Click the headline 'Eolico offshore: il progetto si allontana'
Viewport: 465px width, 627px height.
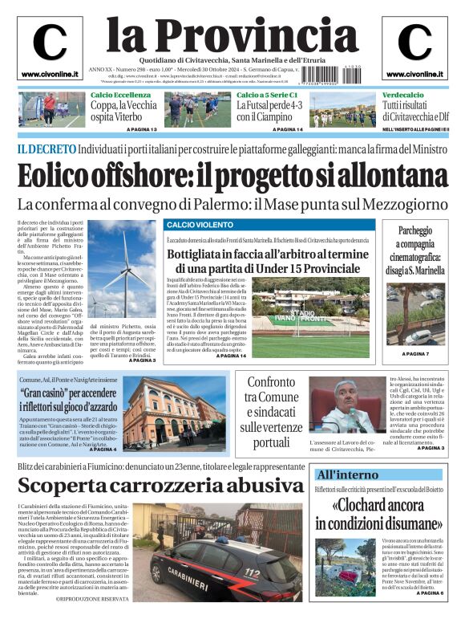click(x=233, y=175)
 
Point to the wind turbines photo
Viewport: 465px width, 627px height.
click(x=123, y=268)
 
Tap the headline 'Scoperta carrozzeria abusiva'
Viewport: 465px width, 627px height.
click(x=160, y=486)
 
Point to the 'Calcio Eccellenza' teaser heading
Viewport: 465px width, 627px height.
click(x=121, y=96)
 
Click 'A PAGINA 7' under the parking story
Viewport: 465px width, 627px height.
click(x=415, y=354)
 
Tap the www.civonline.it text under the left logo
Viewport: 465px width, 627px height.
click(x=50, y=75)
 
